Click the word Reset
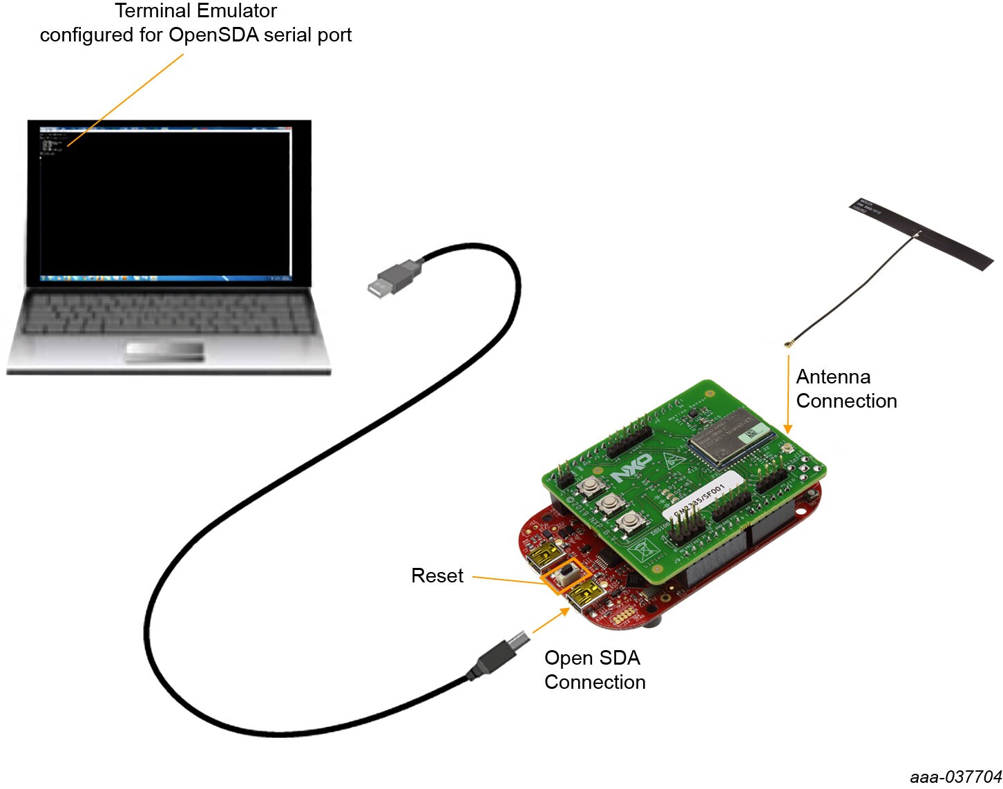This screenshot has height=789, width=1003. tap(437, 576)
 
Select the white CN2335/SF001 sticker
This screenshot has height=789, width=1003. tap(703, 497)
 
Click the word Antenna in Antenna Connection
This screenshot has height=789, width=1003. tap(833, 377)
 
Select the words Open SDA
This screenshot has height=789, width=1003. tap(592, 658)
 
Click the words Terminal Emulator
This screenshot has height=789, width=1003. tap(196, 11)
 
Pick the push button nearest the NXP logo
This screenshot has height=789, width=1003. tap(590, 488)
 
